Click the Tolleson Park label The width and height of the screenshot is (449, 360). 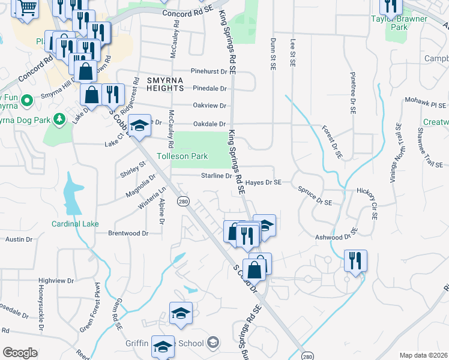pyautogui.click(x=182, y=156)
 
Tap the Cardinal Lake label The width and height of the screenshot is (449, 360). pyautogui.click(x=75, y=224)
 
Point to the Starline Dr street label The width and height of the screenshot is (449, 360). pyautogui.click(x=216, y=176)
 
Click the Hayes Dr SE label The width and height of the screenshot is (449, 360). pyautogui.click(x=264, y=182)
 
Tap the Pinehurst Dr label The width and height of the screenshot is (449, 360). pyautogui.click(x=209, y=71)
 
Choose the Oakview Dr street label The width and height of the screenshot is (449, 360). pyautogui.click(x=210, y=106)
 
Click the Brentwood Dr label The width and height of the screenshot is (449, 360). pyautogui.click(x=128, y=233)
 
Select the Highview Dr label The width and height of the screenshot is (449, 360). pyautogui.click(x=56, y=280)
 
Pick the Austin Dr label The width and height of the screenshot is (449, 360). pyautogui.click(x=19, y=239)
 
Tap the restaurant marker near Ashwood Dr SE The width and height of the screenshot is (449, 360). pyautogui.click(x=355, y=260)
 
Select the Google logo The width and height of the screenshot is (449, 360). pyautogui.click(x=20, y=353)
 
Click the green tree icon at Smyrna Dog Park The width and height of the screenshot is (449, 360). pyautogui.click(x=59, y=120)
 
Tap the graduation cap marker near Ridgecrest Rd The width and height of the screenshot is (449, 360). pyautogui.click(x=140, y=125)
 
